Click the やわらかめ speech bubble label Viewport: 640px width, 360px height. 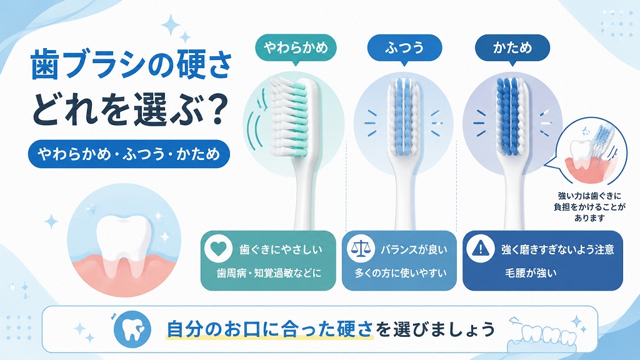coord(296,48)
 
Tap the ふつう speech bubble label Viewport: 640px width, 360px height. coord(404,48)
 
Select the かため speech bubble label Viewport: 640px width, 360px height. coord(512,48)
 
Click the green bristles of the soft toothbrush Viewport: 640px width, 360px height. coord(299,119)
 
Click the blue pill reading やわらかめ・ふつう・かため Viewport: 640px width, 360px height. coord(129,154)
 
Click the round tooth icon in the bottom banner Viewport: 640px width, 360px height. coord(132,329)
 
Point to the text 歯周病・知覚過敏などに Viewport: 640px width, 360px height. coord(269,273)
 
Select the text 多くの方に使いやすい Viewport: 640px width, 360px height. coord(401,273)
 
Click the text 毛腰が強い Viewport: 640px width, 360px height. coord(531,273)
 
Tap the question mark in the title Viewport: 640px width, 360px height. coord(212,109)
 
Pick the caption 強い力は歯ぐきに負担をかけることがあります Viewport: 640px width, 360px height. coord(589,207)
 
